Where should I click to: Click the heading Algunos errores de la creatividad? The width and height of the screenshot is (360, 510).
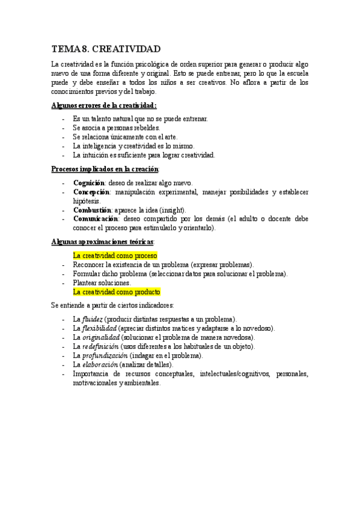(x=104, y=105)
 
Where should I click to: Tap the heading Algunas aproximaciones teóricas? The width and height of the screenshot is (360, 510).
(x=103, y=241)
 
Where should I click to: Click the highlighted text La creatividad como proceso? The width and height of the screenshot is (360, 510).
(x=115, y=255)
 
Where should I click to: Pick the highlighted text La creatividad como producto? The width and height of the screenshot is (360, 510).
(x=117, y=292)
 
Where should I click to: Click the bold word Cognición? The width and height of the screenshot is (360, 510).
(x=89, y=182)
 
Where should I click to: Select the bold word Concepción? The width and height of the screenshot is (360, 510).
(x=91, y=192)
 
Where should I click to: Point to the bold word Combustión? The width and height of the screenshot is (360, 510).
(x=92, y=210)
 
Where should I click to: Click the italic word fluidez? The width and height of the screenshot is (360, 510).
(x=93, y=319)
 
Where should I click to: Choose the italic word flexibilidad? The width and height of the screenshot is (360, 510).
(x=99, y=328)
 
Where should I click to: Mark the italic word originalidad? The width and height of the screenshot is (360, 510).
(x=101, y=337)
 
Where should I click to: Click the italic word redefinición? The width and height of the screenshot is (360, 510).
(x=101, y=346)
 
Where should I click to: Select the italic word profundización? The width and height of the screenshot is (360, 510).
(x=103, y=355)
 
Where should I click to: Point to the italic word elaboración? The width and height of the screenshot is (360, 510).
(x=99, y=364)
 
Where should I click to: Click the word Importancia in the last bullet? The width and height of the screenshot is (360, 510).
(x=91, y=373)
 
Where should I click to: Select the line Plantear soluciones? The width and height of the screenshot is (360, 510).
(x=102, y=283)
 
